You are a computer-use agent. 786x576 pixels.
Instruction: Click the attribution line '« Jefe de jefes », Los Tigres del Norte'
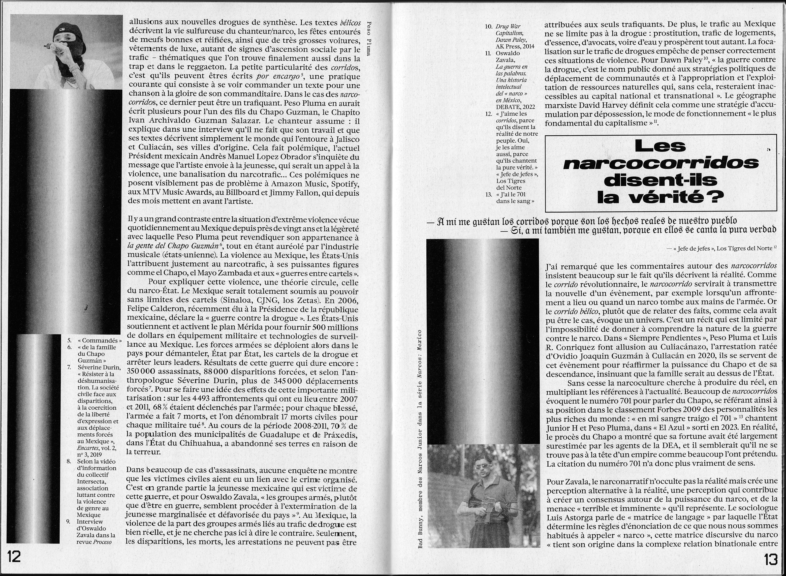pyautogui.click(x=722, y=248)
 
